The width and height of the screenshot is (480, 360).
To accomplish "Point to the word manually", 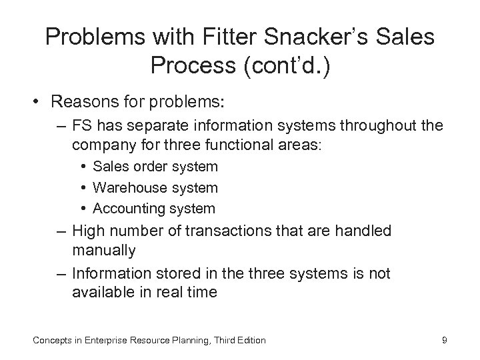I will (x=104, y=251).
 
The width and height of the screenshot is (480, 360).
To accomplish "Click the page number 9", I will (x=444, y=341).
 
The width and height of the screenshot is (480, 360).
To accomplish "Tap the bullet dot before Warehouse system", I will (x=85, y=188).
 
